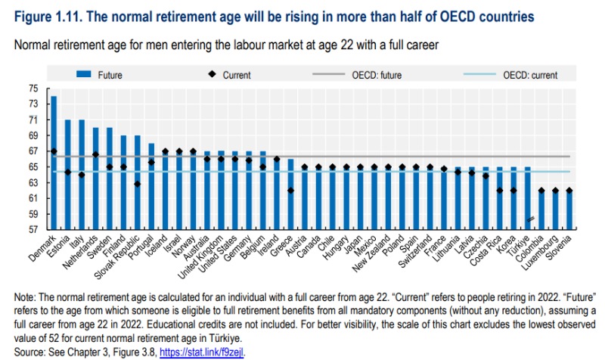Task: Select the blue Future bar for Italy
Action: [x=82, y=174]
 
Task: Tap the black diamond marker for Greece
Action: [x=290, y=191]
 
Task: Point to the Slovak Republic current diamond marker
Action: [x=138, y=184]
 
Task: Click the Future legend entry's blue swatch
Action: [x=83, y=75]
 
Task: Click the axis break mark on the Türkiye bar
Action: [x=532, y=219]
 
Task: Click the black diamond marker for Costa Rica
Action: [x=499, y=191]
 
